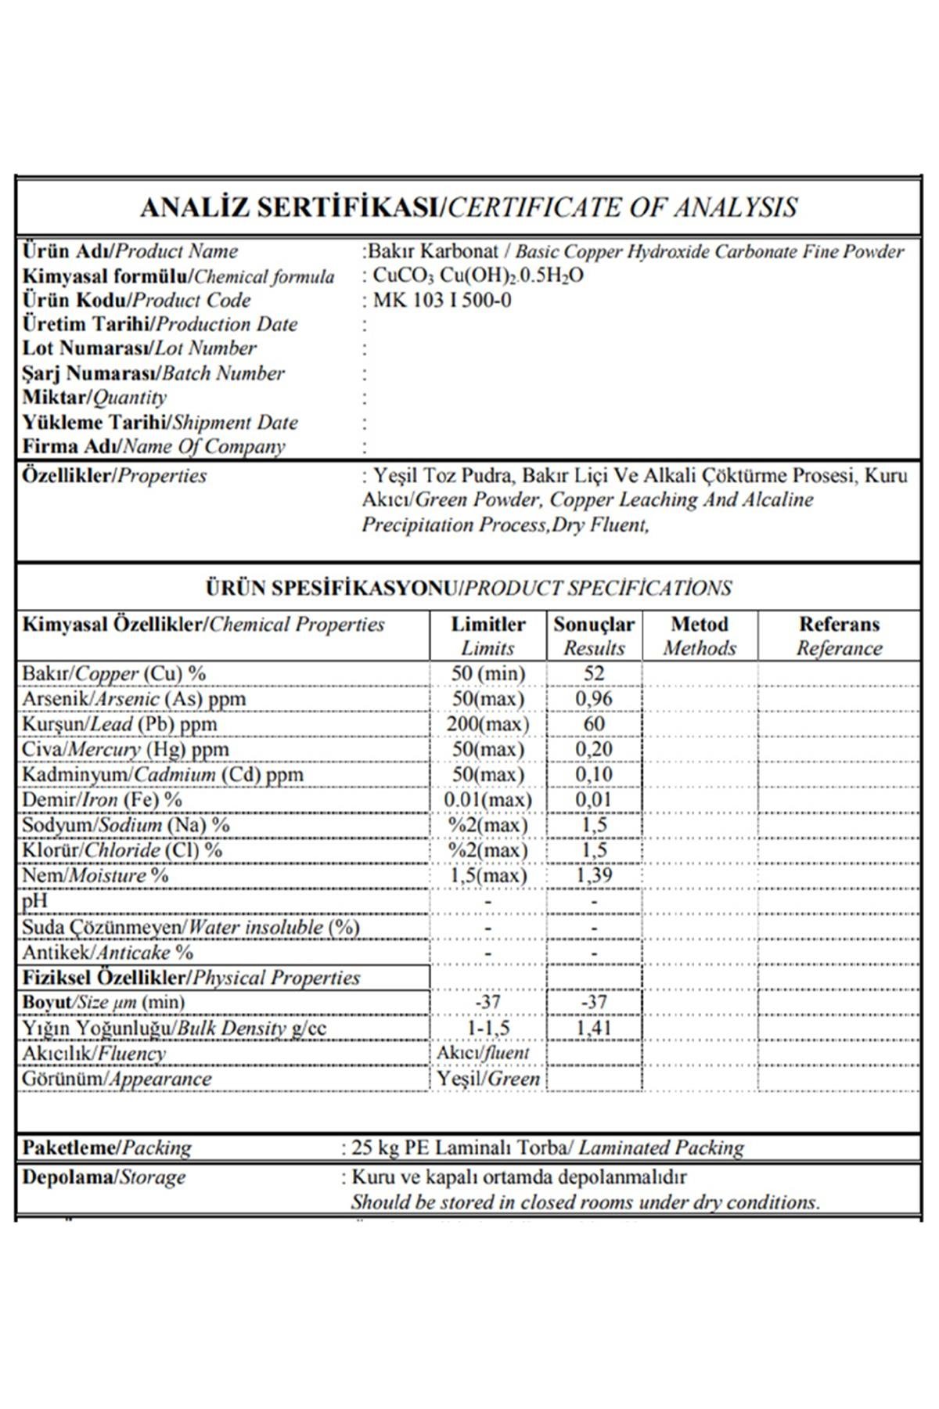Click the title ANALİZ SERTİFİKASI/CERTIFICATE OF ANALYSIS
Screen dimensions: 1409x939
(x=469, y=207)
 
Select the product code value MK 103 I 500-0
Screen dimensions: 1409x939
(x=442, y=301)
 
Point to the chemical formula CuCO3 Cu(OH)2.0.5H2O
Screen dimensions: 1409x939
(x=478, y=276)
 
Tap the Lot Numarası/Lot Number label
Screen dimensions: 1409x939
(x=139, y=348)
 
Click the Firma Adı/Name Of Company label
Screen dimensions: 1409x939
(x=153, y=447)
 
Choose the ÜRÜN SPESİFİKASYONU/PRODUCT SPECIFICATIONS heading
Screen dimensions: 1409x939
(x=469, y=588)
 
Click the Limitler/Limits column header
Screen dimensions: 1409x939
(x=487, y=636)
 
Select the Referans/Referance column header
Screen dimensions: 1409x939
(x=839, y=636)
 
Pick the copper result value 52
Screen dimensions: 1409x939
(x=594, y=673)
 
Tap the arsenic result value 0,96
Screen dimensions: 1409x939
(x=594, y=698)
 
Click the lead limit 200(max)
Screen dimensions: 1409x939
(x=487, y=724)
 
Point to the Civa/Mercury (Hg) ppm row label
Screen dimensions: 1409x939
(x=125, y=749)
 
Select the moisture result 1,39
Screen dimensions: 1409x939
(x=594, y=875)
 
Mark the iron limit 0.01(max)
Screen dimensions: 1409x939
(x=487, y=800)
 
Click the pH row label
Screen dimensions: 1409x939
(x=34, y=901)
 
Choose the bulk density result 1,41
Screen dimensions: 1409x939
(x=594, y=1028)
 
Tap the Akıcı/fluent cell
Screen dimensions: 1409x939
(x=484, y=1053)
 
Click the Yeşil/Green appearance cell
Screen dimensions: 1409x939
(x=488, y=1079)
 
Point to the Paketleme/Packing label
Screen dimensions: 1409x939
(x=106, y=1148)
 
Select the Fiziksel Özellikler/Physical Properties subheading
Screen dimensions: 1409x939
(x=191, y=978)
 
